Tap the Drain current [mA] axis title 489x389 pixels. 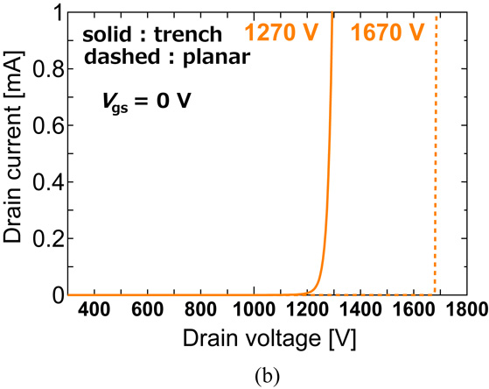tap(16, 154)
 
